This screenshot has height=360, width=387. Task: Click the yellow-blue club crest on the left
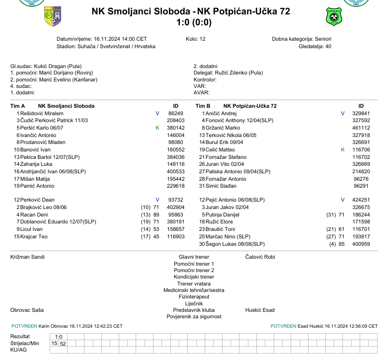tap(53, 17)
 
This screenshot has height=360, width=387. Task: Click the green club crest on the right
tap(334, 17)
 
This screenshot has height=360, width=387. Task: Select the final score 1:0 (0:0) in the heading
tap(194, 23)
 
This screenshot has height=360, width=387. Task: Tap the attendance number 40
tap(328, 46)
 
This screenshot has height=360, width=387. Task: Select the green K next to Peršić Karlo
tap(157, 128)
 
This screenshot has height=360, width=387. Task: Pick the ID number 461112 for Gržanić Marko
tap(361, 128)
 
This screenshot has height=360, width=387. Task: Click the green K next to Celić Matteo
tap(342, 149)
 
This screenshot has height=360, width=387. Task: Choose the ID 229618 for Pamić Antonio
tap(175, 186)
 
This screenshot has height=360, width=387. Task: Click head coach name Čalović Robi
tap(260, 257)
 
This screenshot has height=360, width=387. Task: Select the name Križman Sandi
tap(27, 257)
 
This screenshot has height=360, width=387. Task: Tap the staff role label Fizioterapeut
tap(194, 296)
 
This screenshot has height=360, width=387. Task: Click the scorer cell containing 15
tap(54, 343)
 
